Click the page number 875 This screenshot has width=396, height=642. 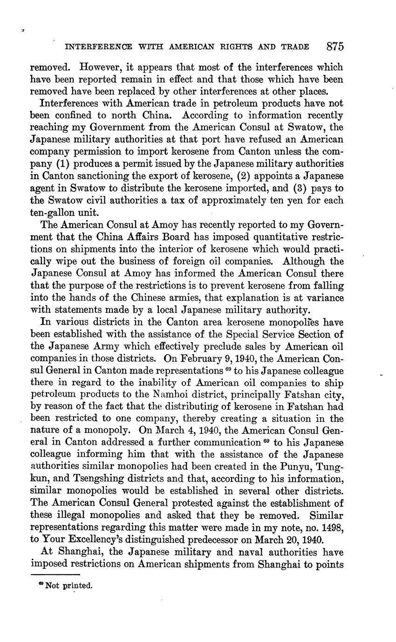click(x=335, y=47)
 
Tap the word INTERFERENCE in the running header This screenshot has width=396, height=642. click(x=98, y=47)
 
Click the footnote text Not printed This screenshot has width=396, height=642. click(x=68, y=586)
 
